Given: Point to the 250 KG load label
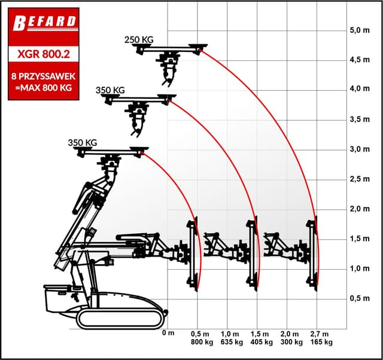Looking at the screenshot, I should click(x=139, y=39).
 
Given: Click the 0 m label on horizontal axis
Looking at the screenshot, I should click(x=168, y=333).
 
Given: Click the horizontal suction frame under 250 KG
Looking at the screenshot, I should click(x=170, y=48).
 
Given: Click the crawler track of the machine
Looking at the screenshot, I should click(x=120, y=318).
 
